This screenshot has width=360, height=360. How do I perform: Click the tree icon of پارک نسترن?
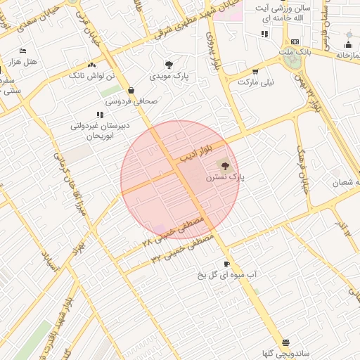tap(225, 166)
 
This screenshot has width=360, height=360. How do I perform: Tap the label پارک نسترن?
tap(225, 179)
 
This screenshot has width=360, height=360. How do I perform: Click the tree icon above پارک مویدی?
tap(168, 65)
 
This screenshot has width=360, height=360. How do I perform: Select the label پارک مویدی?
tap(168, 76)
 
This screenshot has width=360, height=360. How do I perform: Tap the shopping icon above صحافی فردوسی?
tap(131, 90)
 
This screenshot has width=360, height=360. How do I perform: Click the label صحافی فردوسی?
tap(132, 101)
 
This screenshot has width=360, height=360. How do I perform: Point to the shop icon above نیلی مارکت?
tap(255, 71)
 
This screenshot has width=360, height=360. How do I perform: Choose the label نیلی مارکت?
tap(256, 82)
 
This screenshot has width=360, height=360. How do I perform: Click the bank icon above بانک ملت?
tap(295, 41)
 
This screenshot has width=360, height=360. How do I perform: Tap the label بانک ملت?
tap(294, 52)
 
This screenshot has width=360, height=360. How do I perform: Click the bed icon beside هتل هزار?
tap(22, 51)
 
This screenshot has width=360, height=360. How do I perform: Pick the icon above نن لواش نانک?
tap(92, 64)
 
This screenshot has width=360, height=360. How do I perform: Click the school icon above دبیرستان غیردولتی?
tap(99, 115)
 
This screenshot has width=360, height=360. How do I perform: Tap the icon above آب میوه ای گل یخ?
tap(226, 264)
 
